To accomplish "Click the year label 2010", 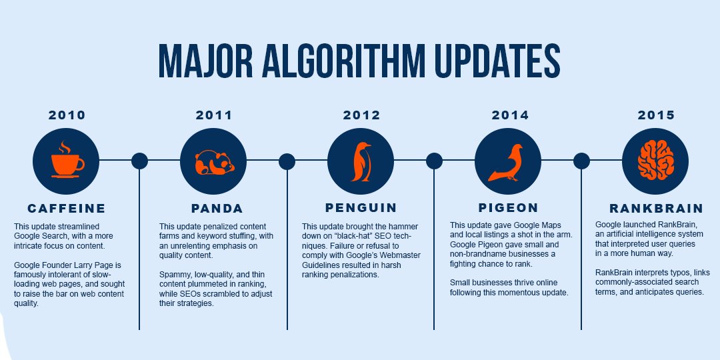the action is (x=67, y=115).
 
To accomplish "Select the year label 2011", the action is (x=214, y=115).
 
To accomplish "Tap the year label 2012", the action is (x=362, y=115).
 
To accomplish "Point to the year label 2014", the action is (x=510, y=115).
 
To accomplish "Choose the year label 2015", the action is (x=656, y=115).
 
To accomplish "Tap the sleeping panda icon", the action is (x=215, y=163).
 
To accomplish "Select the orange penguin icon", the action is (x=361, y=161).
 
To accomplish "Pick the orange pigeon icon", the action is (x=507, y=163).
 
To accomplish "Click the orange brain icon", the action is (x=656, y=160).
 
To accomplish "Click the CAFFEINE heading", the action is (x=67, y=209).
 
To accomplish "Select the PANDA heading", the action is (x=217, y=209).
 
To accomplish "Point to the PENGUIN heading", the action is (x=361, y=207).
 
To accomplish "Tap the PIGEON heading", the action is (x=508, y=207).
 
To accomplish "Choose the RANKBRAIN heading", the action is (x=657, y=209).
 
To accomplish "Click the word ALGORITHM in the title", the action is (x=343, y=61).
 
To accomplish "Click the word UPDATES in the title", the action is (x=497, y=61).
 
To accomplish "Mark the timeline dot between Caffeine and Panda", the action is (x=139, y=161).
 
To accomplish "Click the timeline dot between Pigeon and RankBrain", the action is (x=581, y=161).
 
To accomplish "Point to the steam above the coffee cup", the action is (x=65, y=147).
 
